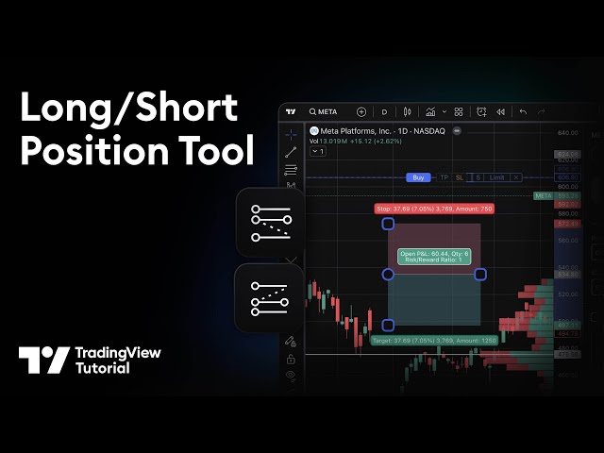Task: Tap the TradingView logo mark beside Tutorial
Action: pos(43,361)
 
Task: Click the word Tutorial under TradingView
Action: pos(103,368)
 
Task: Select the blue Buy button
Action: pos(418,177)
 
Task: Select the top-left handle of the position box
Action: pos(388,224)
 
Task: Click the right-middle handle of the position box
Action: pos(480,275)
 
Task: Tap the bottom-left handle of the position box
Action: pos(388,325)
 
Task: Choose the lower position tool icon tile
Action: pos(269,298)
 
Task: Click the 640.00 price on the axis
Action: pos(568,133)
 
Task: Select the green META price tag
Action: pos(544,195)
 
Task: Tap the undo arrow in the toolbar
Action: pos(522,111)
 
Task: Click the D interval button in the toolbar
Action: pos(384,111)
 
